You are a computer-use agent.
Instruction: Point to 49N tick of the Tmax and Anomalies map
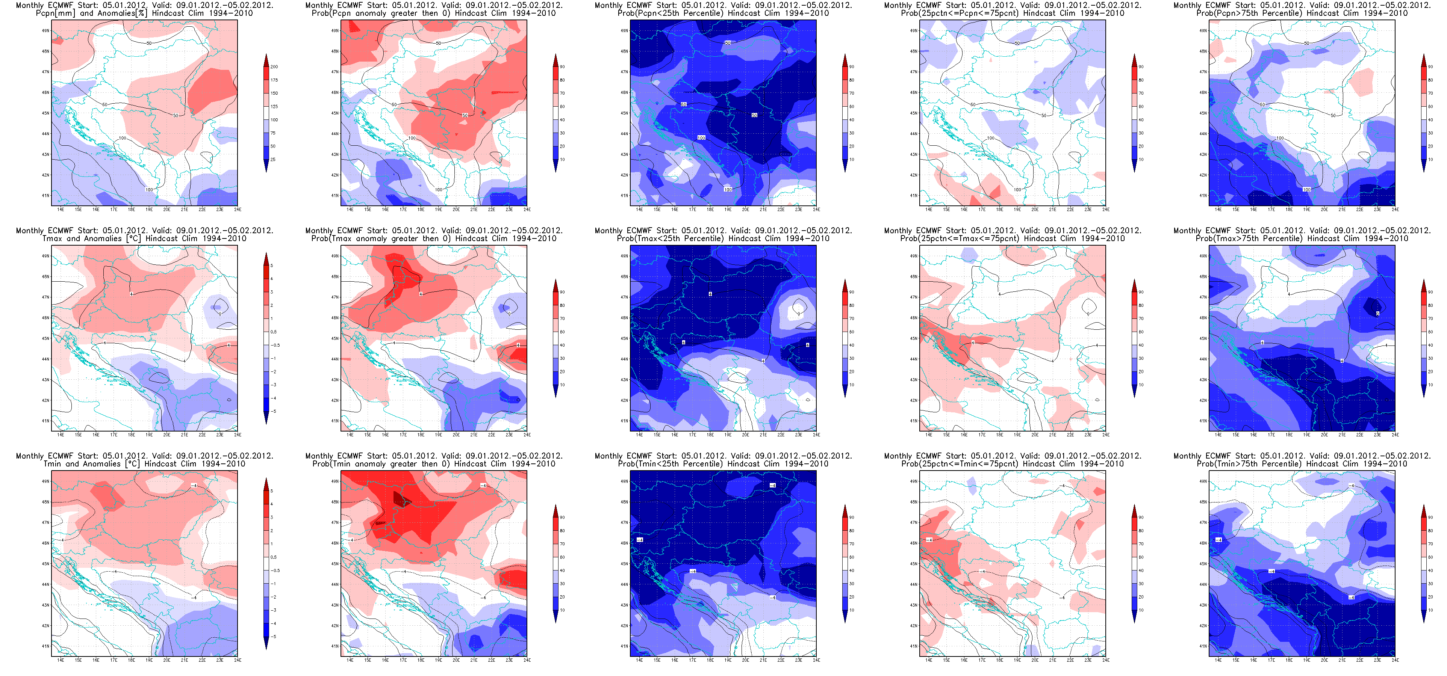click(45, 256)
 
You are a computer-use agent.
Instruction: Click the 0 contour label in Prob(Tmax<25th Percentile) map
click(799, 314)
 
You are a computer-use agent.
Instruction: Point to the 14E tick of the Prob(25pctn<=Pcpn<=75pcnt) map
click(929, 210)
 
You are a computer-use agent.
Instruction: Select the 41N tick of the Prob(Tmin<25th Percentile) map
click(624, 646)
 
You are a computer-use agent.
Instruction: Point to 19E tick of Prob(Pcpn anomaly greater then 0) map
click(438, 210)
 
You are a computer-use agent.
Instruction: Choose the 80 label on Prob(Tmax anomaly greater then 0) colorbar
click(562, 305)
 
